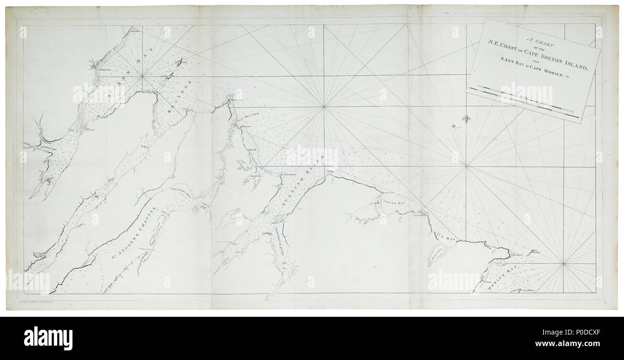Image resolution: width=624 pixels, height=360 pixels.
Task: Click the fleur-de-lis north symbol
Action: pos(465,118)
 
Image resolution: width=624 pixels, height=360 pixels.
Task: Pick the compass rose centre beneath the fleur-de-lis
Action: pos(466,167)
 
